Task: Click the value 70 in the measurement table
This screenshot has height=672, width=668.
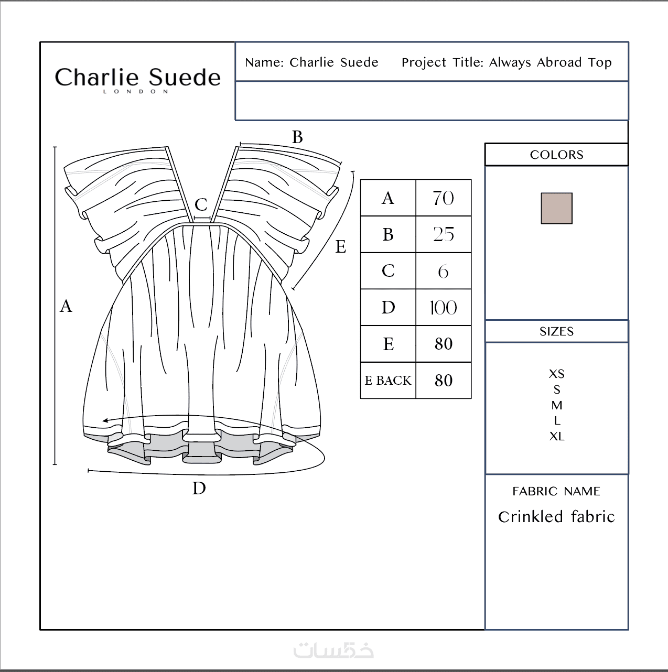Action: tap(444, 198)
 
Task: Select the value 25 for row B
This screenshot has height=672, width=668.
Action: tap(444, 234)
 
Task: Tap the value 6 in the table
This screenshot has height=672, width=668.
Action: tap(444, 271)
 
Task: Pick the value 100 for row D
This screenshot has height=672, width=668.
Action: tap(444, 308)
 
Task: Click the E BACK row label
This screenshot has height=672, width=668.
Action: tap(388, 380)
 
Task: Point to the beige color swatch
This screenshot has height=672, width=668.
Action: tap(556, 208)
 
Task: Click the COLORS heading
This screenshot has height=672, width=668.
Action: tap(556, 155)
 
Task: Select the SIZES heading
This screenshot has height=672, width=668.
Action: tap(556, 331)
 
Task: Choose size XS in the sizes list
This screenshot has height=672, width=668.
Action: tap(557, 374)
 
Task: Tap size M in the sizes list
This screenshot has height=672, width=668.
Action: tap(557, 405)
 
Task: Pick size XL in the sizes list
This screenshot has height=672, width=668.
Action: tap(557, 436)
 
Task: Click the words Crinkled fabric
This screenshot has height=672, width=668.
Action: tap(556, 517)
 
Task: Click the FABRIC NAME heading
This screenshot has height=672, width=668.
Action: tap(556, 491)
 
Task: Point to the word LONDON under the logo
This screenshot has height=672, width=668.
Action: tap(136, 92)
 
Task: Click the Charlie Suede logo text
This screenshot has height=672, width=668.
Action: tap(138, 77)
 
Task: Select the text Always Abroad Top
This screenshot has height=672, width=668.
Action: tap(551, 62)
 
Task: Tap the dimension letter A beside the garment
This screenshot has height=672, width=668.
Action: tap(66, 306)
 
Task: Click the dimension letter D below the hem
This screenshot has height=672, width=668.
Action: tap(199, 488)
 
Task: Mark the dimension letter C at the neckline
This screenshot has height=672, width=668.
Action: tap(201, 205)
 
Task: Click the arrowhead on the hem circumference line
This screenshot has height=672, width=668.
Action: tap(105, 420)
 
